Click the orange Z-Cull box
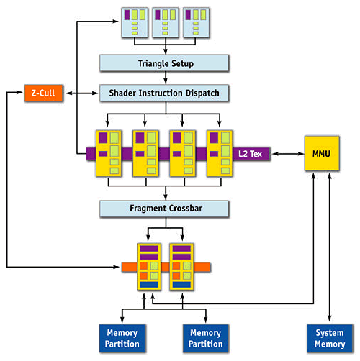(44, 93)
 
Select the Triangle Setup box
(164, 63)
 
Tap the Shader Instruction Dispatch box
(164, 93)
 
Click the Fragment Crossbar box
(164, 209)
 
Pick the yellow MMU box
(322, 153)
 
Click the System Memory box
(330, 338)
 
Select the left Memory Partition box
(122, 338)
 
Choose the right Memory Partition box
(206, 338)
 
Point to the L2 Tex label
(250, 154)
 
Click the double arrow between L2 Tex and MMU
(288, 154)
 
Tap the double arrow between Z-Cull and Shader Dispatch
(82, 93)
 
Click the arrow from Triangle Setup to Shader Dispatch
(166, 78)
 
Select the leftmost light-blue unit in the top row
(135, 22)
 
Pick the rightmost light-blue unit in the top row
(197, 22)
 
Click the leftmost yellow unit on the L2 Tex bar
(109, 154)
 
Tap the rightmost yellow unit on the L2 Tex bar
(220, 154)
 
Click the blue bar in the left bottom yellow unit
(149, 285)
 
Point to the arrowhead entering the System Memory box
(330, 319)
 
